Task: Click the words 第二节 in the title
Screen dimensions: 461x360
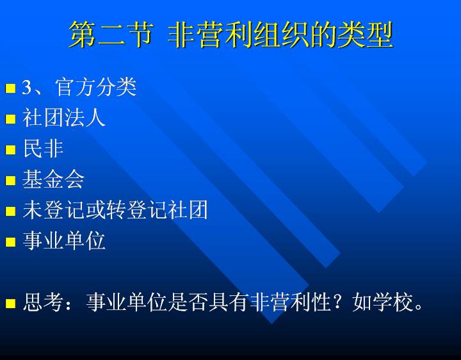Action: point(111,35)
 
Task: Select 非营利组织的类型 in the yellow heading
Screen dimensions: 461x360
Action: point(280,35)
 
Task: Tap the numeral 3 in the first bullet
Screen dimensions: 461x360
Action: point(26,87)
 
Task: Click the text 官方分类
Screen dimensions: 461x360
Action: point(96,87)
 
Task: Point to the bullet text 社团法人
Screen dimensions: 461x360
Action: point(64,118)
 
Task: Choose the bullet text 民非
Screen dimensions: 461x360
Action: point(43,149)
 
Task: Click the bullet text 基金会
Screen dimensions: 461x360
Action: point(53,179)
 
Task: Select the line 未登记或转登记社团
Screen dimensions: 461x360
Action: point(115,210)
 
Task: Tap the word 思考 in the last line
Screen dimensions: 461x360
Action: point(43,302)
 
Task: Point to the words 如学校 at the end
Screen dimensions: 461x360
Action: point(382,302)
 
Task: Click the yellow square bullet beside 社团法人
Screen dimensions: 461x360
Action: point(10,119)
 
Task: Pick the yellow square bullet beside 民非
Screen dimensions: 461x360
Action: point(10,150)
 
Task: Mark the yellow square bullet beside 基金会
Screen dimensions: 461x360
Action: point(10,180)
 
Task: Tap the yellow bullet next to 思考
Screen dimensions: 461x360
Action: point(10,303)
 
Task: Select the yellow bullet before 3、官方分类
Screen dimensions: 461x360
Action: point(10,88)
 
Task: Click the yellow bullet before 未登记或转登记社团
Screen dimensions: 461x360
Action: point(10,211)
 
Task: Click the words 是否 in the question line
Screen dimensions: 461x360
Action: point(188,302)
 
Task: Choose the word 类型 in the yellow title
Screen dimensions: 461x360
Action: point(366,35)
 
